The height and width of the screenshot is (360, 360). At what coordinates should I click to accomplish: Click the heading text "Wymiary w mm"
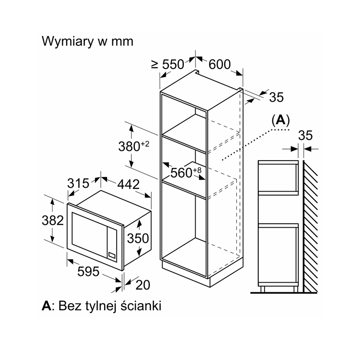point(87,41)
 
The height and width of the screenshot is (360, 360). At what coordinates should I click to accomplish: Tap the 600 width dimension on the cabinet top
point(219,64)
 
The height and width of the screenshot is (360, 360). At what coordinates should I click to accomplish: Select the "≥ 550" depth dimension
point(168,64)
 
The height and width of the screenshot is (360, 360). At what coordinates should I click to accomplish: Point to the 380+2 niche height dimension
point(134,146)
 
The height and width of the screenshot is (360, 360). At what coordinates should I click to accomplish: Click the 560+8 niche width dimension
point(186,172)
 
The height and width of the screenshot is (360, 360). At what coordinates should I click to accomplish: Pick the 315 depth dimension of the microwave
point(78,183)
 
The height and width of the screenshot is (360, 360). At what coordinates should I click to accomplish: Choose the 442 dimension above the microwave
point(128,184)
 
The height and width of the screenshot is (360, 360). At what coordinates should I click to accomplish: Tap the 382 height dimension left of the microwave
point(53,220)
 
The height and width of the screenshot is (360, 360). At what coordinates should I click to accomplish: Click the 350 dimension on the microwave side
point(138,238)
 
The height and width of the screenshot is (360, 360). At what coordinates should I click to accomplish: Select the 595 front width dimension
point(89,271)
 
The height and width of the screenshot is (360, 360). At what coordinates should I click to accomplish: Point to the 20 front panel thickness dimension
point(143,285)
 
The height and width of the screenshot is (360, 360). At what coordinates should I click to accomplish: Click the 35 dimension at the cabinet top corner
point(276,97)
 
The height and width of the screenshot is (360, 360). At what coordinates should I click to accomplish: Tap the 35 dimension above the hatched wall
point(306,135)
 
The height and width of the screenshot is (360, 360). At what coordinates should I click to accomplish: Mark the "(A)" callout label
point(281,120)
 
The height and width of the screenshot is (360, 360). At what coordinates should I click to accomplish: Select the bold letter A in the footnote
point(47,306)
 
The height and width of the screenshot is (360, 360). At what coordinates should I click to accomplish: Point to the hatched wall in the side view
point(310,226)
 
